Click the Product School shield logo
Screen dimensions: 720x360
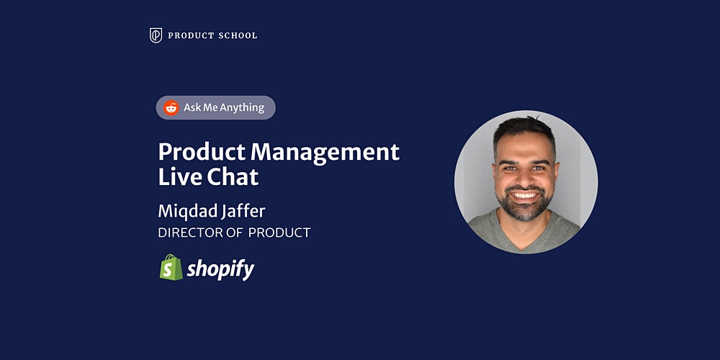(156, 35)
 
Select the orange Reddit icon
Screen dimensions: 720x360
(171, 108)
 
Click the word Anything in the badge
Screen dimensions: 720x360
(241, 108)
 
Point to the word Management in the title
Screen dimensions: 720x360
(325, 153)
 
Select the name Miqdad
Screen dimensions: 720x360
(184, 212)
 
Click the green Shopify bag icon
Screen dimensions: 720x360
(171, 267)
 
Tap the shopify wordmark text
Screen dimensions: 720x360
(220, 269)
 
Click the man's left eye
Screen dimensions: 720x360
(539, 168)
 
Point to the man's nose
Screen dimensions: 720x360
(524, 177)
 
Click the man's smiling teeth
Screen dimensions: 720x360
(524, 196)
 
